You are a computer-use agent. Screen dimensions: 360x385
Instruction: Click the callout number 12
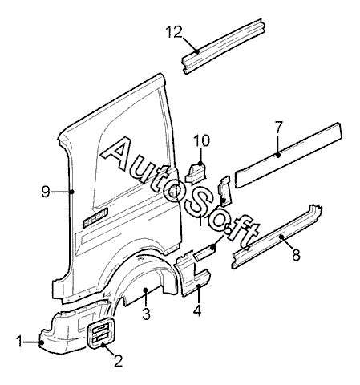click(174, 32)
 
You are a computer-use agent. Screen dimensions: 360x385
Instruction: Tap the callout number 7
click(278, 128)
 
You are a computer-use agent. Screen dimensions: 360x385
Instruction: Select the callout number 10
click(202, 140)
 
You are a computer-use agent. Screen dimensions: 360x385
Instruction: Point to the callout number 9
click(46, 192)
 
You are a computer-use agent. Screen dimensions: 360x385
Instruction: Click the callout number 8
click(296, 254)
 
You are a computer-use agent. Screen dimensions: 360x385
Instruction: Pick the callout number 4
click(197, 310)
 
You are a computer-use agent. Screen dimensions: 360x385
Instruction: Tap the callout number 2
click(118, 361)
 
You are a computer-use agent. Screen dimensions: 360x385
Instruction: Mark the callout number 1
click(19, 342)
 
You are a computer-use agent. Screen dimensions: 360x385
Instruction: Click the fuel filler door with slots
click(101, 333)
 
